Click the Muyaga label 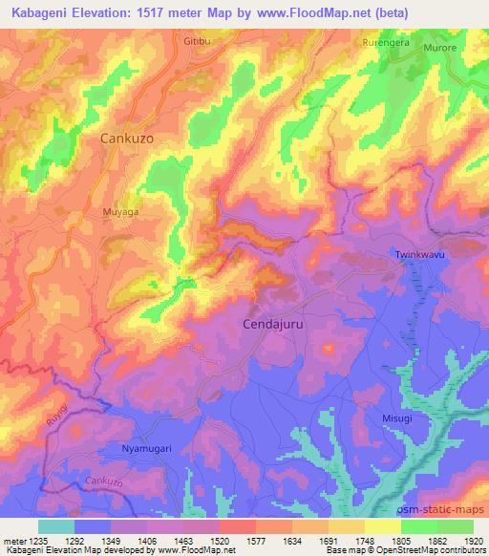(121, 213)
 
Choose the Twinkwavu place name (421, 254)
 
